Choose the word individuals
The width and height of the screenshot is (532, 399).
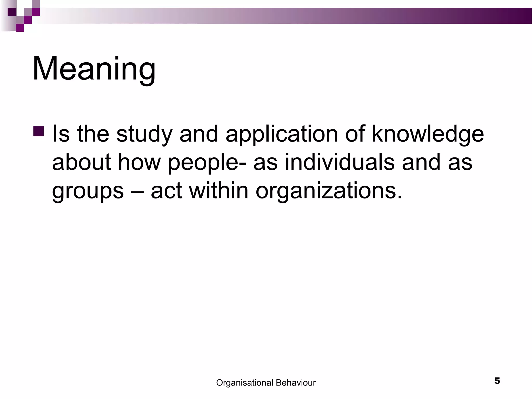coord(340,162)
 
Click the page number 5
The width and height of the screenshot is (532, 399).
coord(497,381)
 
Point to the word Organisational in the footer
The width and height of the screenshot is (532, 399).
coord(244,383)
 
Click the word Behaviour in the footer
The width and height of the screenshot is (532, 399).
coord(296,383)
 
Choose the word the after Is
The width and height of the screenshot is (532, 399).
coord(93,134)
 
